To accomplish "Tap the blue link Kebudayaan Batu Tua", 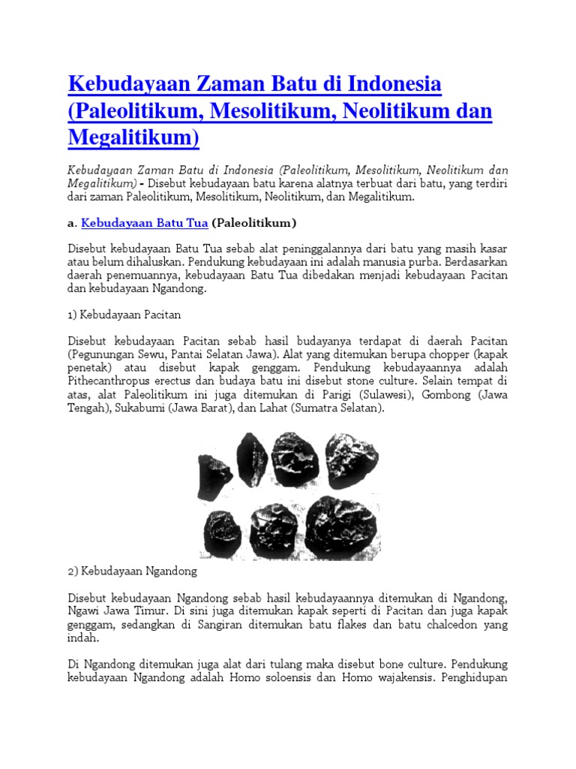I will (x=144, y=222).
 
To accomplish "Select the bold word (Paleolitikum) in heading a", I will (x=254, y=222).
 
